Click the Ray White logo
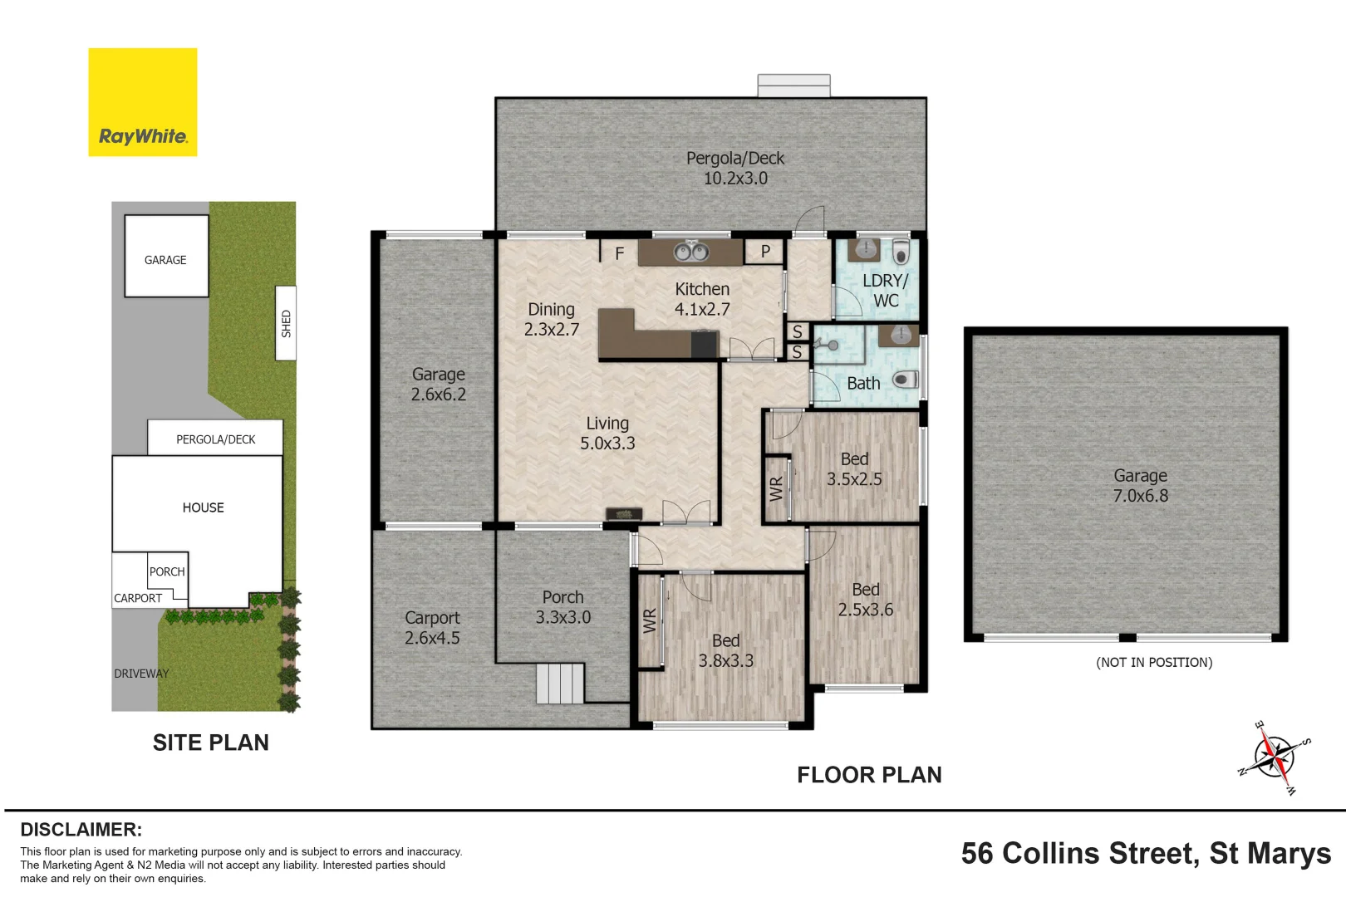(x=142, y=102)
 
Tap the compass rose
(x=1275, y=757)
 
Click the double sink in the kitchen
(x=690, y=251)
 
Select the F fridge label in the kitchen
(x=620, y=253)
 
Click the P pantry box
(x=764, y=252)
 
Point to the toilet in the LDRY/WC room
(x=900, y=252)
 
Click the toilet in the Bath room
(x=904, y=380)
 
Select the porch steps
(x=560, y=683)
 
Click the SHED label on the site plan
(x=286, y=323)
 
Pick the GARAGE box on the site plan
(x=166, y=256)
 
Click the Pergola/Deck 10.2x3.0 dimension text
(x=734, y=179)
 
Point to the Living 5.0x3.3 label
(x=607, y=434)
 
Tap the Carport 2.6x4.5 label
(x=432, y=628)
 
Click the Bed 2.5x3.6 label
(x=865, y=600)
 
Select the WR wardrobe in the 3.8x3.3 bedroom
(x=651, y=621)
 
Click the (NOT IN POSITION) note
(x=1154, y=662)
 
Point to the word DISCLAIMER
(x=81, y=830)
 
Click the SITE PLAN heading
(x=211, y=743)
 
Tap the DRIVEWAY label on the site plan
(x=141, y=674)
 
